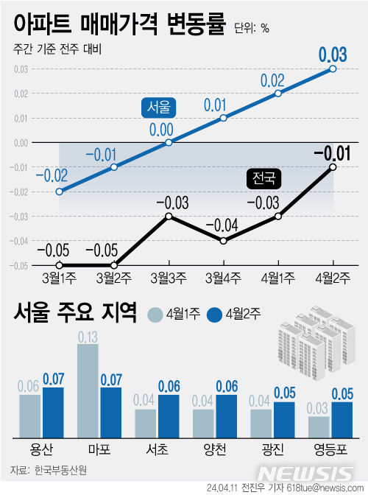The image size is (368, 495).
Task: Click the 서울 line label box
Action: pyautogui.click(x=158, y=108)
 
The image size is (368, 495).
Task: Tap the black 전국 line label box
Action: pyautogui.click(x=263, y=178)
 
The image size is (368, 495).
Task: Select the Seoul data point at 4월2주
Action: pyautogui.click(x=333, y=69)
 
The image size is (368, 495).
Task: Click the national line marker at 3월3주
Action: pyautogui.click(x=169, y=216)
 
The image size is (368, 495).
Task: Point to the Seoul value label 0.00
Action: pyautogui.click(x=161, y=129)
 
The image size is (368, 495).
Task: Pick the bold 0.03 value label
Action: pyautogui.click(x=333, y=55)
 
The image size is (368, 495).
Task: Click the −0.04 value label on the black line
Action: pyautogui.click(x=222, y=225)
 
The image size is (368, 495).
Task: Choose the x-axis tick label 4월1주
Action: pyautogui.click(x=278, y=278)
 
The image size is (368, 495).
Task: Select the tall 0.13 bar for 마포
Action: pyautogui.click(x=88, y=390)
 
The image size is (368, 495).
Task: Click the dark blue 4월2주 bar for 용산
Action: pyautogui.click(x=54, y=412)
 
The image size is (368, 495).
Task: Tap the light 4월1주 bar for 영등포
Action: pyautogui.click(x=319, y=427)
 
